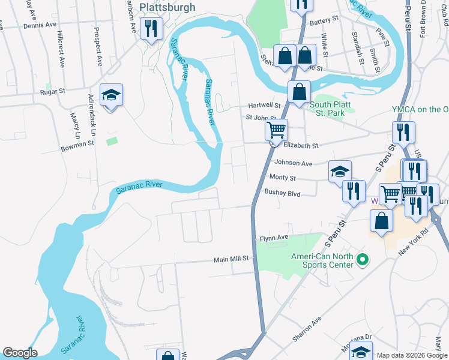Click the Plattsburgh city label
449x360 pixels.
coord(167,7)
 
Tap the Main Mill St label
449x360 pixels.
coord(231,260)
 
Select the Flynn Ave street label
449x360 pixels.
coord(274,238)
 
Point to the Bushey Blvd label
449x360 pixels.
coord(282,193)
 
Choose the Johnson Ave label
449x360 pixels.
coord(294,163)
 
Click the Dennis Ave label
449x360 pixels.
coord(40,26)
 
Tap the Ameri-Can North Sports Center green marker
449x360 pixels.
coord(362,260)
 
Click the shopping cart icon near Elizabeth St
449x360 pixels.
coord(276,129)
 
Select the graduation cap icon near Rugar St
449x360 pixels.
coord(111,95)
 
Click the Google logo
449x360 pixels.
coord(19,353)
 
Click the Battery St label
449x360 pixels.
coord(325,20)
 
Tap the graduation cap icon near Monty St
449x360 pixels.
coord(340,172)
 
